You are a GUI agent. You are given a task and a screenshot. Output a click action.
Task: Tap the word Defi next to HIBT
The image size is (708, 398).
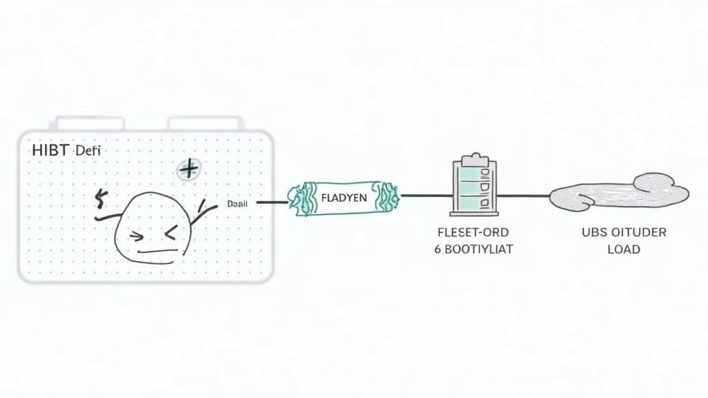tap(87, 150)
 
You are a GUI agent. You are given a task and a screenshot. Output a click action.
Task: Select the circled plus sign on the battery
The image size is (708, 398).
tap(187, 169)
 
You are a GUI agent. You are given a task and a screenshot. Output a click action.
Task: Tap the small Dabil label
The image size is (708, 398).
tap(237, 205)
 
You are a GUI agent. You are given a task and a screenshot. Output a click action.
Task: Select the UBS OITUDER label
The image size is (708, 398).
tap(624, 232)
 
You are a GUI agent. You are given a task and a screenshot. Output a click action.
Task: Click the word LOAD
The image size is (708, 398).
tap(624, 249)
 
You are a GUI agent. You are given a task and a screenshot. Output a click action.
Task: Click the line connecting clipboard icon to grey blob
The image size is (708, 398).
tap(523, 196)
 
